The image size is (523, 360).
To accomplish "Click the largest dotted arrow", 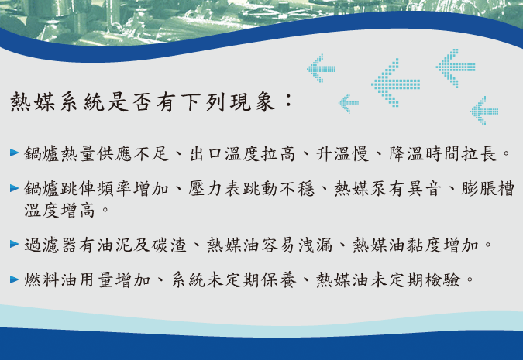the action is point(396,83).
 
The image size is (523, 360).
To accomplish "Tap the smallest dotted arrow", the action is point(349,103).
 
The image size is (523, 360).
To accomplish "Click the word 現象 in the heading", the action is point(252,101).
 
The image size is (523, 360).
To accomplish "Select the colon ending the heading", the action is point(288,101).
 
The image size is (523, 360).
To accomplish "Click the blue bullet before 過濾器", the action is point(15,244).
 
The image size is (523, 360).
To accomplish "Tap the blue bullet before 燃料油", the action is point(15,279).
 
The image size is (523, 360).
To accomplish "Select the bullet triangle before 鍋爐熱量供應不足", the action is point(15,153).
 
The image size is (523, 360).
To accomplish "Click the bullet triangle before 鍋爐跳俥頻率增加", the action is point(15,188).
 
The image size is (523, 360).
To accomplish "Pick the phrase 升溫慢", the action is point(342,153).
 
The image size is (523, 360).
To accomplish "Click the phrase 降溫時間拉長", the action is point(442,153).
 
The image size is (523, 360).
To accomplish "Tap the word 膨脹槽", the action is point(487,189).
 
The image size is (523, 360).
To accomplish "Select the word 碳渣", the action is point(169,245).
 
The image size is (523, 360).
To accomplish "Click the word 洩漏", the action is point(315,245).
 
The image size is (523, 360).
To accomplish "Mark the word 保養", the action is point(278,279).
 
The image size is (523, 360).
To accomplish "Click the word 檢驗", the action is point(442,279).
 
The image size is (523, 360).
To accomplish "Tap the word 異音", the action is point(425,189).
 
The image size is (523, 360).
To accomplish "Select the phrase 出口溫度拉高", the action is point(243,153).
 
